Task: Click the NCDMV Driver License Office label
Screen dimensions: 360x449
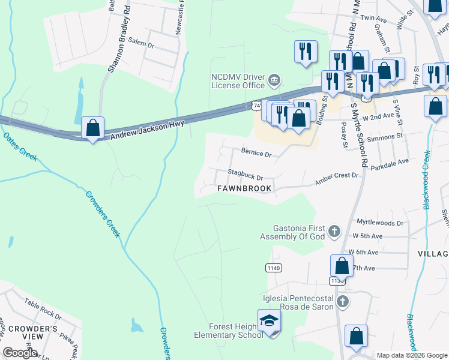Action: (x=237, y=81)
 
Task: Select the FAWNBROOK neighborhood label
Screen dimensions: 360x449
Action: (x=244, y=188)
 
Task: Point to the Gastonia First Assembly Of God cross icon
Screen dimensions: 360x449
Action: (x=335, y=230)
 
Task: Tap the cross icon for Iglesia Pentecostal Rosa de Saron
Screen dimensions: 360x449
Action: (x=342, y=301)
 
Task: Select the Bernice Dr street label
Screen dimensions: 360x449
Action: (x=256, y=154)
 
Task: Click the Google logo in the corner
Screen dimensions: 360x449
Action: (x=21, y=353)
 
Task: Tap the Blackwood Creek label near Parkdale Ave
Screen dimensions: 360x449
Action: (x=426, y=180)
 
